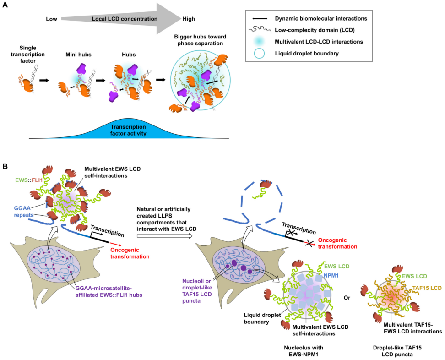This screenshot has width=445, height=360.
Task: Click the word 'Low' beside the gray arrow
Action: (51, 19)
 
